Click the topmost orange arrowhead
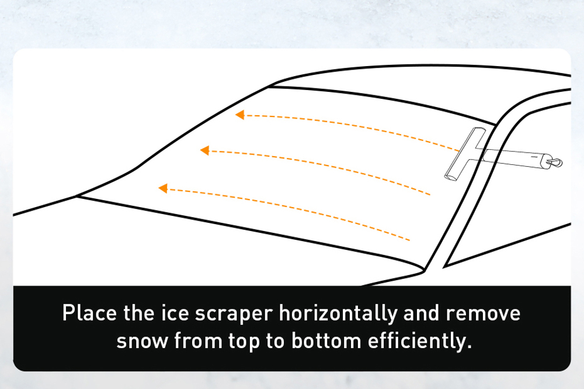click(x=239, y=115)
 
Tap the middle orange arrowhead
click(x=204, y=150)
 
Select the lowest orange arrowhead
click(x=163, y=188)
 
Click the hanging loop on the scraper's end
click(x=557, y=163)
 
